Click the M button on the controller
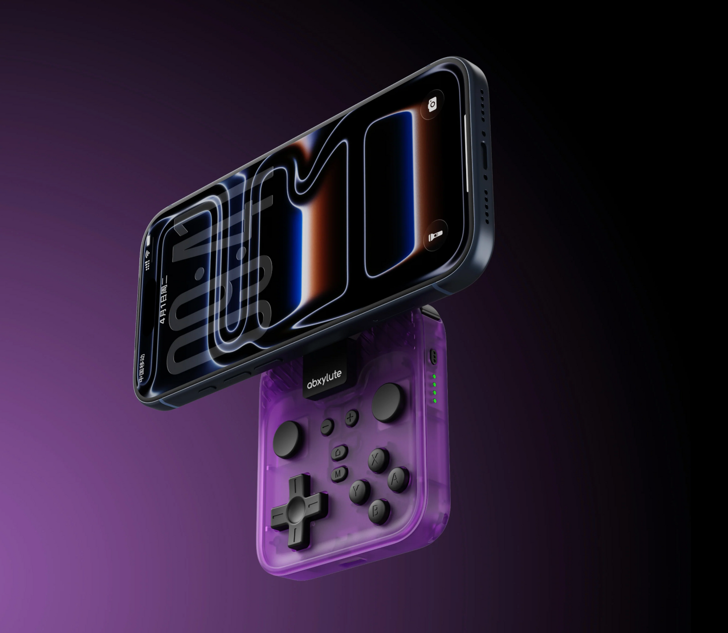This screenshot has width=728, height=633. click(339, 473)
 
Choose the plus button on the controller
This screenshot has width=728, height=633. click(351, 417)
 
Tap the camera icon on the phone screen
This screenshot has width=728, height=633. click(432, 104)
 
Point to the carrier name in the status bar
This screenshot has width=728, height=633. click(142, 366)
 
